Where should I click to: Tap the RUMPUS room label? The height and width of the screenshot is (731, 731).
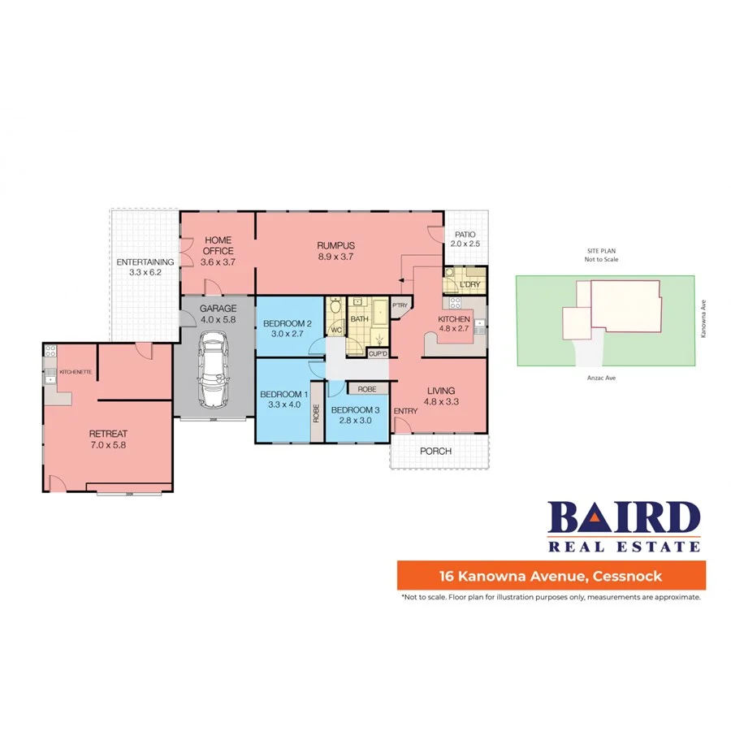point(336,245)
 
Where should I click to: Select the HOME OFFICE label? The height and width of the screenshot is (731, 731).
point(218,245)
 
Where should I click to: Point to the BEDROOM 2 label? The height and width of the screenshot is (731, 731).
point(287,323)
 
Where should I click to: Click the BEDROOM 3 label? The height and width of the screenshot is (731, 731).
point(356,409)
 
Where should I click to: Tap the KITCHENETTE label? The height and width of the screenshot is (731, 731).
point(74,372)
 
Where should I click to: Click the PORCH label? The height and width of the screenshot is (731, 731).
point(436,452)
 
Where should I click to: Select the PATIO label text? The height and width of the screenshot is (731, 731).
point(465,234)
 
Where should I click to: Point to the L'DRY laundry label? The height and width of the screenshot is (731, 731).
point(469,285)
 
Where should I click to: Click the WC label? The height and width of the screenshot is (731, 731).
point(335,331)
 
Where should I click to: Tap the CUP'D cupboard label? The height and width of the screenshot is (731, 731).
point(378,353)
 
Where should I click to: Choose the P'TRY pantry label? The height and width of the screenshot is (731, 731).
point(400,305)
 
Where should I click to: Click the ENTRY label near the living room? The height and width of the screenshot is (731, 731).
point(405,411)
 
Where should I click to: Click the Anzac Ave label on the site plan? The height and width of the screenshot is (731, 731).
point(604,378)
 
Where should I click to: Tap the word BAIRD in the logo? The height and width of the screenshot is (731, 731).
point(624,517)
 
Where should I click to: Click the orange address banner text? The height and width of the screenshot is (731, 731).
point(551,577)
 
